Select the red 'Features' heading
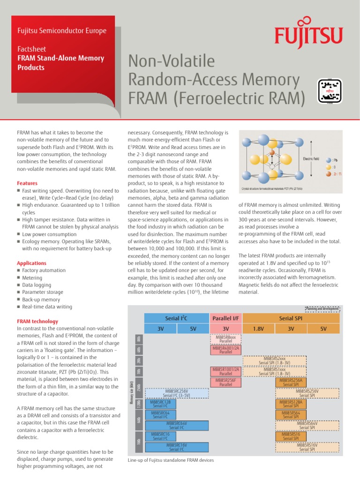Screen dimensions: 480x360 pos(27,183)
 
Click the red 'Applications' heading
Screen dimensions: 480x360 pos(31,263)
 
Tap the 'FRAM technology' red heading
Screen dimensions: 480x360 pos(37,321)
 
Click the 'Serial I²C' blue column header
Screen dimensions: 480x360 pos(177,319)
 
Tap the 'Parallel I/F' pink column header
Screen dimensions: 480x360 pos(225,319)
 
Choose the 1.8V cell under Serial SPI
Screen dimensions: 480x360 pos(258,329)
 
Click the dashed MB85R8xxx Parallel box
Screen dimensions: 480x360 pos(225,338)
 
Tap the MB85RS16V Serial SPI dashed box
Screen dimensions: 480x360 pos(307,447)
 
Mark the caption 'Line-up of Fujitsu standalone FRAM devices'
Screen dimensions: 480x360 pos(171,460)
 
